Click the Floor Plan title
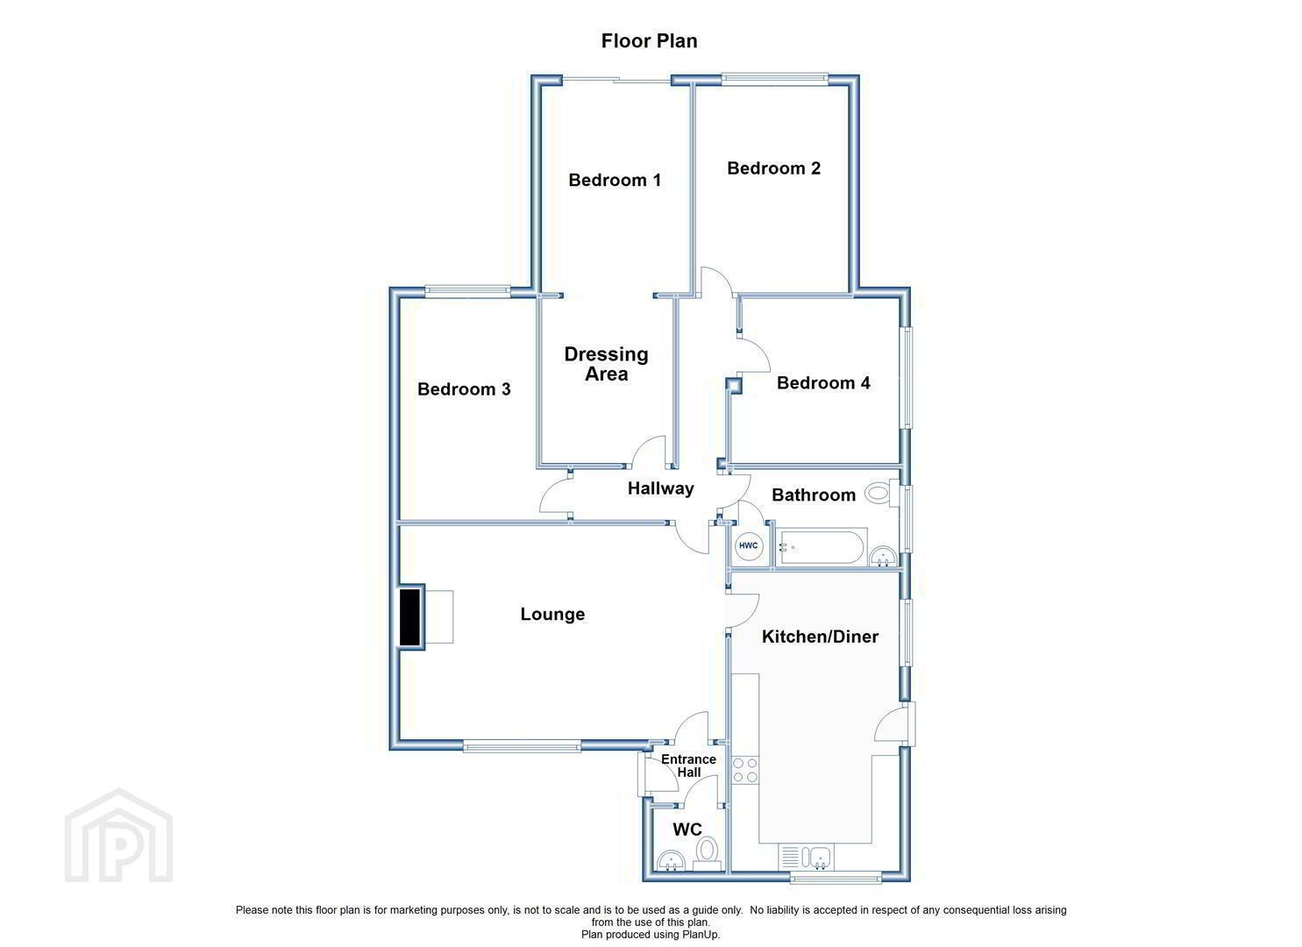(x=649, y=40)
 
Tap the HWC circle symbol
(x=748, y=545)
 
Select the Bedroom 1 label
(x=615, y=181)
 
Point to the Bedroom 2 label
(x=773, y=168)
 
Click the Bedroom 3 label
(x=464, y=389)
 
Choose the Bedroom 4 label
(x=823, y=383)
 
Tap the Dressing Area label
(x=606, y=364)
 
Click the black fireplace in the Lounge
(x=409, y=616)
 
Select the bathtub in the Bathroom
(x=822, y=546)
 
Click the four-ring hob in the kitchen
(x=744, y=770)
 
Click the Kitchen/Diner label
(x=820, y=637)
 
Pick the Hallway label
(x=660, y=489)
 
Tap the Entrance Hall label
(x=688, y=765)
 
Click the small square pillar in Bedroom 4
(x=734, y=386)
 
